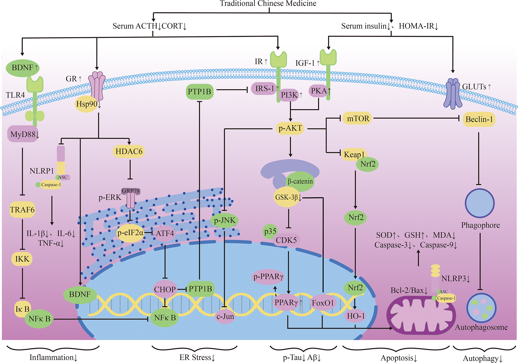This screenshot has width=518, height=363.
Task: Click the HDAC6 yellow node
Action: pos(129,152)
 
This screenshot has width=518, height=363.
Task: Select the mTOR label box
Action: pos(358,119)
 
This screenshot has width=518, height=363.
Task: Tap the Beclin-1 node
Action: pos(479,119)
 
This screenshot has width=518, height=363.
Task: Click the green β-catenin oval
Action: pos(300,181)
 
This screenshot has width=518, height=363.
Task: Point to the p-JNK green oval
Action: pos(224,220)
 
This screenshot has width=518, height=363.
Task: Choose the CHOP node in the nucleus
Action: pos(165,289)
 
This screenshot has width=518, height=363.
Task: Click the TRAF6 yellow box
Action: pos(22,210)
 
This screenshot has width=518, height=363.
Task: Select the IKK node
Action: pos(22,259)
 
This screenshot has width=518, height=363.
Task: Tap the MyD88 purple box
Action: pos(23,134)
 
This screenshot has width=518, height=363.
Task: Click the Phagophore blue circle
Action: pos(480,203)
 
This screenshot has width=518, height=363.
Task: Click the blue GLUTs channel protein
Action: pos(453,94)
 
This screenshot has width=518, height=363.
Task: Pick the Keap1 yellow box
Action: pos(354,154)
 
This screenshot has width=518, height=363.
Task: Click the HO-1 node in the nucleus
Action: pos(356,316)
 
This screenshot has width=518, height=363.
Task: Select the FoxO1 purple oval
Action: pos(323,303)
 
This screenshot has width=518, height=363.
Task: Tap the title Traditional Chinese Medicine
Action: pos(268,3)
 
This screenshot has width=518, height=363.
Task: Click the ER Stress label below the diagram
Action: pos(197,357)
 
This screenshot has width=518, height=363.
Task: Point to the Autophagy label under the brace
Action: pos(482,358)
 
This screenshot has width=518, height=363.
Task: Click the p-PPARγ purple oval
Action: pos(268,276)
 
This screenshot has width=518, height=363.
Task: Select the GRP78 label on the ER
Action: pos(131,191)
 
